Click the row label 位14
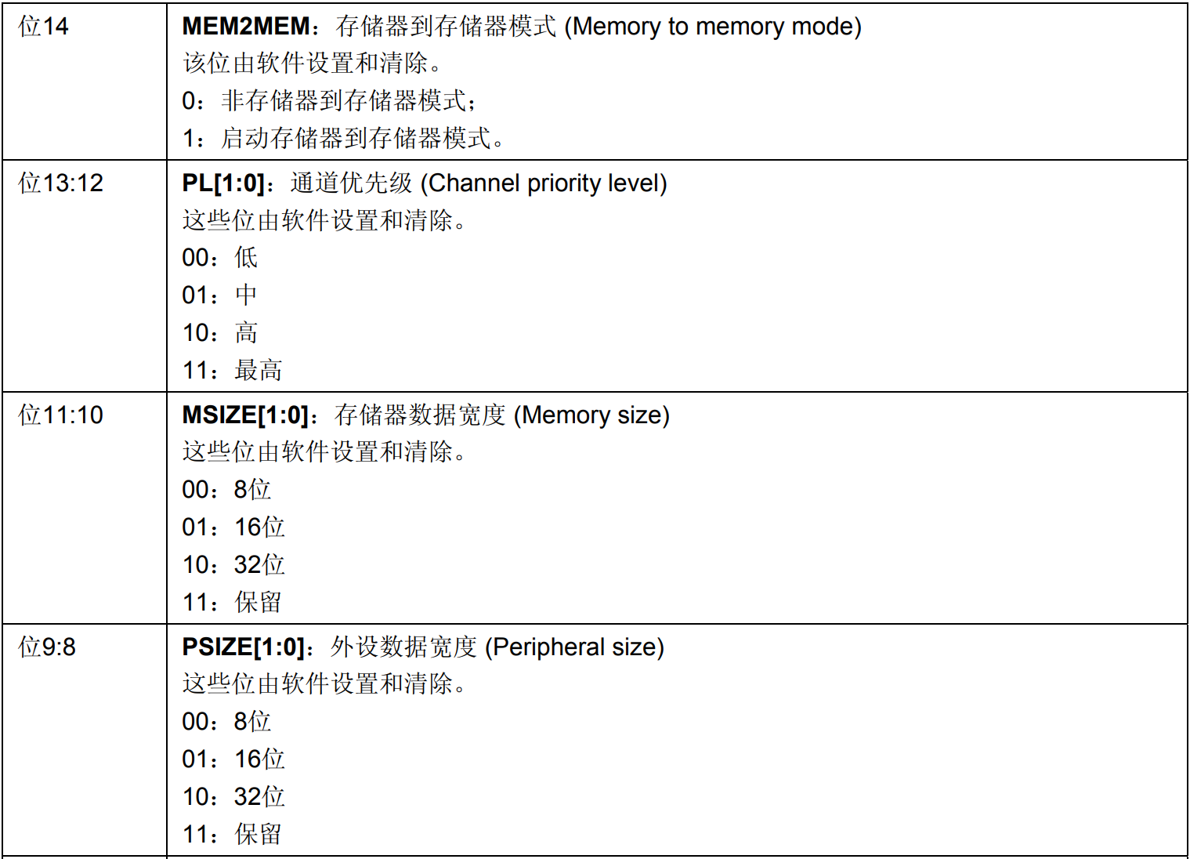(44, 27)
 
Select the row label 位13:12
(61, 183)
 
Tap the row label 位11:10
(61, 415)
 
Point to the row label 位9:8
(47, 647)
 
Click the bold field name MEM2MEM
(246, 27)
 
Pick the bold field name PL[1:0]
(222, 183)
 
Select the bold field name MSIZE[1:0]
(244, 415)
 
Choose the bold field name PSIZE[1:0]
(242, 647)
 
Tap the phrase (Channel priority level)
(544, 183)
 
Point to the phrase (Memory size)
(591, 415)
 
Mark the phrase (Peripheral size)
(574, 647)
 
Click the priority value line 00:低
(220, 258)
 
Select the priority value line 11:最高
(232, 371)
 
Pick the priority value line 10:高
(220, 333)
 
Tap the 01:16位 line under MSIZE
(233, 527)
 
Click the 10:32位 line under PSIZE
(233, 797)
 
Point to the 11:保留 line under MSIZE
(232, 603)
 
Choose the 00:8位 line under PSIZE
(226, 722)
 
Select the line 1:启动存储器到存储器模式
(343, 139)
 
